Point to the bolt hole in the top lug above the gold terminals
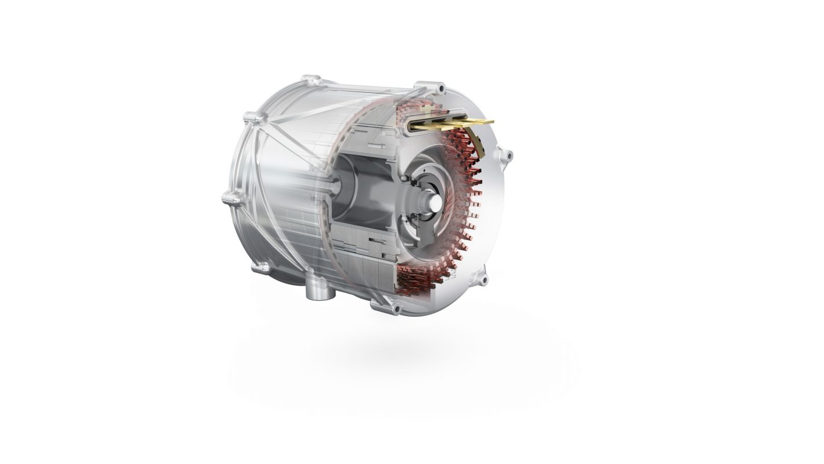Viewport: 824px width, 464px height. pos(442,89)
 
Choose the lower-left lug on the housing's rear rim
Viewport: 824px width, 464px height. pos(261,267)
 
